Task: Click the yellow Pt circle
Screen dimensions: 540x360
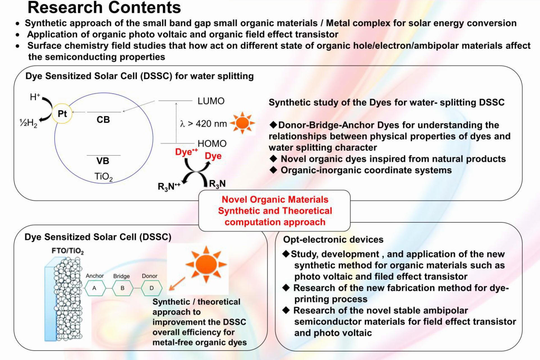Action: pos(62,114)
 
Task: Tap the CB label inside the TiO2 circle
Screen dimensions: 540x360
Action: pos(103,120)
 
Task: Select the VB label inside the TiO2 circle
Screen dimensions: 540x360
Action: pos(103,161)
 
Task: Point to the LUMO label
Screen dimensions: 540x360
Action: pos(211,101)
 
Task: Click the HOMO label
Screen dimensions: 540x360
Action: pos(212,144)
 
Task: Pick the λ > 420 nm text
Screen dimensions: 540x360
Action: pos(203,123)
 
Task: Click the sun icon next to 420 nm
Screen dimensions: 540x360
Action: pos(242,123)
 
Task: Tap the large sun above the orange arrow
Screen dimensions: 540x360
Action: pos(206,264)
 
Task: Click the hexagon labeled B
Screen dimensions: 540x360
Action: pos(123,288)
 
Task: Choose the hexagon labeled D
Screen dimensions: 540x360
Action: pos(151,288)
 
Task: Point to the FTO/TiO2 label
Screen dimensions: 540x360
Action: pos(68,251)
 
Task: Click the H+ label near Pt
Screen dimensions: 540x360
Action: pos(35,97)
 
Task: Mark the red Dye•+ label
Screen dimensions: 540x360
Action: pos(186,152)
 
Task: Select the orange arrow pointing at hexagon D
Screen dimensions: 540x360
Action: pos(177,284)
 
